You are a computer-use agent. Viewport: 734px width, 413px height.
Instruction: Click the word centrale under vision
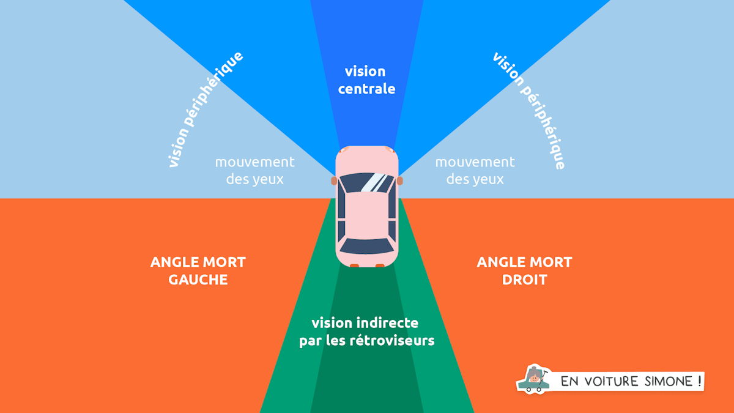[366, 89]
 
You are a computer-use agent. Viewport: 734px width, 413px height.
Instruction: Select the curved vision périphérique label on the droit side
[528, 110]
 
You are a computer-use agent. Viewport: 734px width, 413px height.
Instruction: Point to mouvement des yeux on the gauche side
[254, 171]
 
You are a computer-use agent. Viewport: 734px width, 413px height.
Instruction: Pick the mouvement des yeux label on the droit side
[475, 171]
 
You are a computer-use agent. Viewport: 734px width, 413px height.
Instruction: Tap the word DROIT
[524, 280]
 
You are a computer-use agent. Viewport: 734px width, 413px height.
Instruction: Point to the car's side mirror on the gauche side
[334, 180]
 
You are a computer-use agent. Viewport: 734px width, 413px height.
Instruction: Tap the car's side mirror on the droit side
[400, 180]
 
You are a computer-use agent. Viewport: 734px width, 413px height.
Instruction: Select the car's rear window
[367, 246]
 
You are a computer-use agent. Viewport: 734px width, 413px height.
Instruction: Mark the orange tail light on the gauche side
[354, 266]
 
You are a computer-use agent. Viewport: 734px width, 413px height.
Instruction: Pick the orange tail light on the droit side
[380, 266]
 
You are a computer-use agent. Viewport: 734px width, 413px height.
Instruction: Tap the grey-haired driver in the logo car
[536, 374]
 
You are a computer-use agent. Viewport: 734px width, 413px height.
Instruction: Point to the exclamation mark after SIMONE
[698, 381]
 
